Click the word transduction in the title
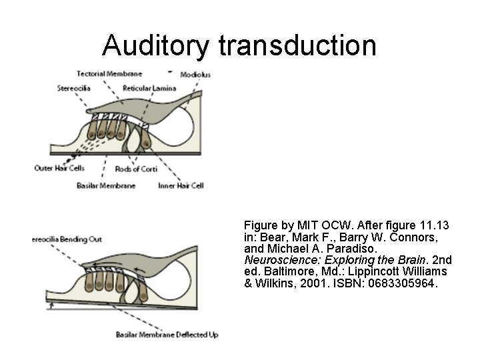(x=297, y=45)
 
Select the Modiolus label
(x=195, y=75)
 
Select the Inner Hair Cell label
(x=179, y=185)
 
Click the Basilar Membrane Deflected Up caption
(x=167, y=334)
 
